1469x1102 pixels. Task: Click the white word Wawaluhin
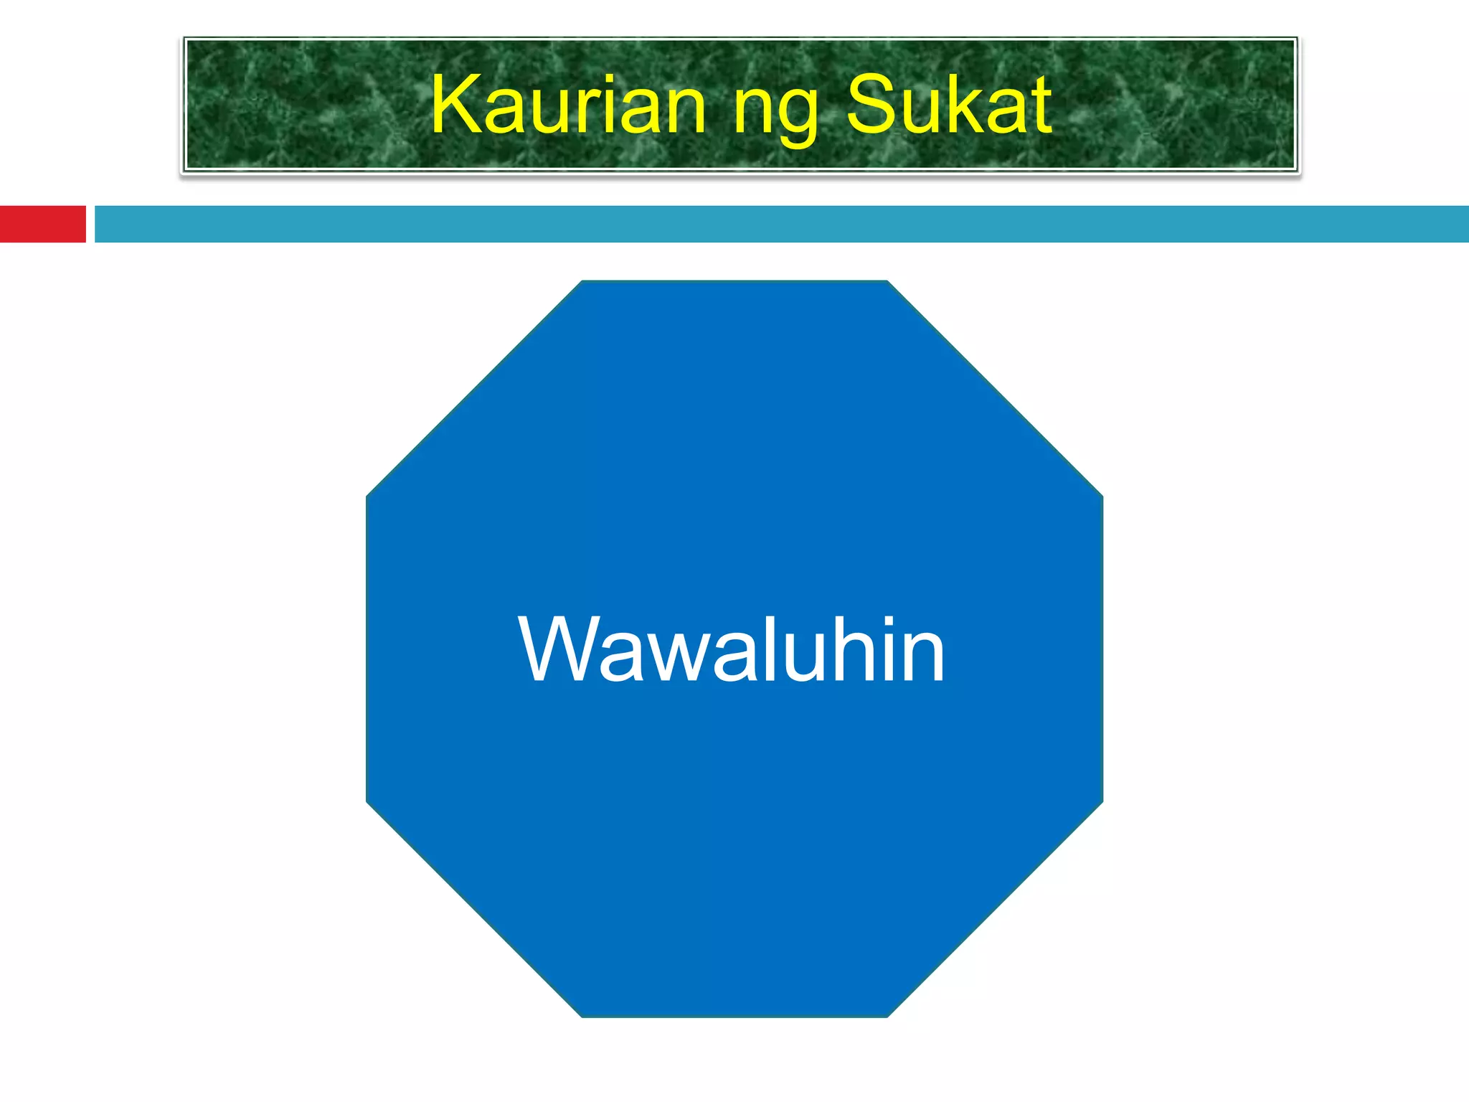pos(731,649)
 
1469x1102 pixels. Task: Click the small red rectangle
pos(42,224)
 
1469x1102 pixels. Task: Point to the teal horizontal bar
pos(782,224)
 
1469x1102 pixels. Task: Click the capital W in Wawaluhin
pos(557,649)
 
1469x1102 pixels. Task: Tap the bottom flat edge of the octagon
pos(734,1016)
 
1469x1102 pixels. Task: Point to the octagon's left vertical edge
pos(367,649)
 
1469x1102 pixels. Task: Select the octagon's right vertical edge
pos(1102,649)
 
